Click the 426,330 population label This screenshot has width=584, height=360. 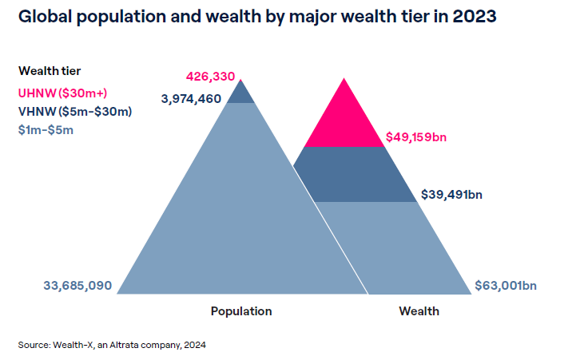pos(210,77)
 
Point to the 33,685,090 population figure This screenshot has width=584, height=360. pos(77,286)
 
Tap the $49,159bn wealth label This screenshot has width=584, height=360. pos(415,136)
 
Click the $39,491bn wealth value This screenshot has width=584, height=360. pos(451,194)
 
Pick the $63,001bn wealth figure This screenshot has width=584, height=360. pos(505,286)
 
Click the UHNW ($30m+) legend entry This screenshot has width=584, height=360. pos(53,93)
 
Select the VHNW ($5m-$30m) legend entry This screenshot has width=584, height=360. pos(74,111)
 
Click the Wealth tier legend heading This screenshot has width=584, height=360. pos(50,71)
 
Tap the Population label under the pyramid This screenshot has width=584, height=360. pos(241,311)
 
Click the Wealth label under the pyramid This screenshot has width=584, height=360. pos(419,311)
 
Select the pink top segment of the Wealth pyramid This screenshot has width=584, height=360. pos(344,120)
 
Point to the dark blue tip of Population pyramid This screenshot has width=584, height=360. pos(241,94)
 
